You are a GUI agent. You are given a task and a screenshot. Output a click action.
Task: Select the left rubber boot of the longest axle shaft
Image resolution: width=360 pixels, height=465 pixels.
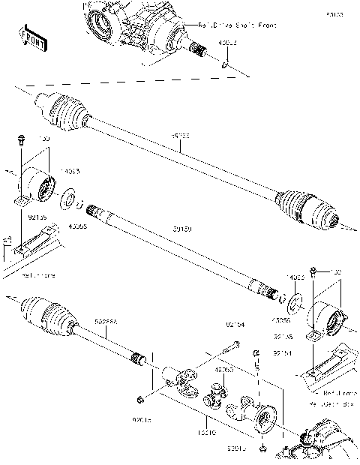[64, 112]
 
